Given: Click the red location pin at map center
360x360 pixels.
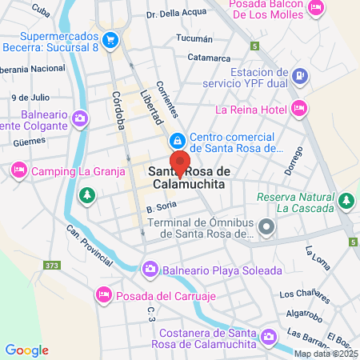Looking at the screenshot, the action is point(180,162).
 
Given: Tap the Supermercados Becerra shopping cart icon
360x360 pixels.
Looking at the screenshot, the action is point(110,38).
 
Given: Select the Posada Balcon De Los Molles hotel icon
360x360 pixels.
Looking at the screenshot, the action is point(316,8).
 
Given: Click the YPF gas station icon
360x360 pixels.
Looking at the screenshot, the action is point(298,77).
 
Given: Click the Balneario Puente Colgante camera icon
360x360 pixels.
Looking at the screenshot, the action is point(79,119).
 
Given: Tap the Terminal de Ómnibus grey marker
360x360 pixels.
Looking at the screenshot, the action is point(267,227).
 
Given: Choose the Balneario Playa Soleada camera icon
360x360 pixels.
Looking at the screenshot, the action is point(150,269).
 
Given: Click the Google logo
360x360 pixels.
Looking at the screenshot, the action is point(26,350).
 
